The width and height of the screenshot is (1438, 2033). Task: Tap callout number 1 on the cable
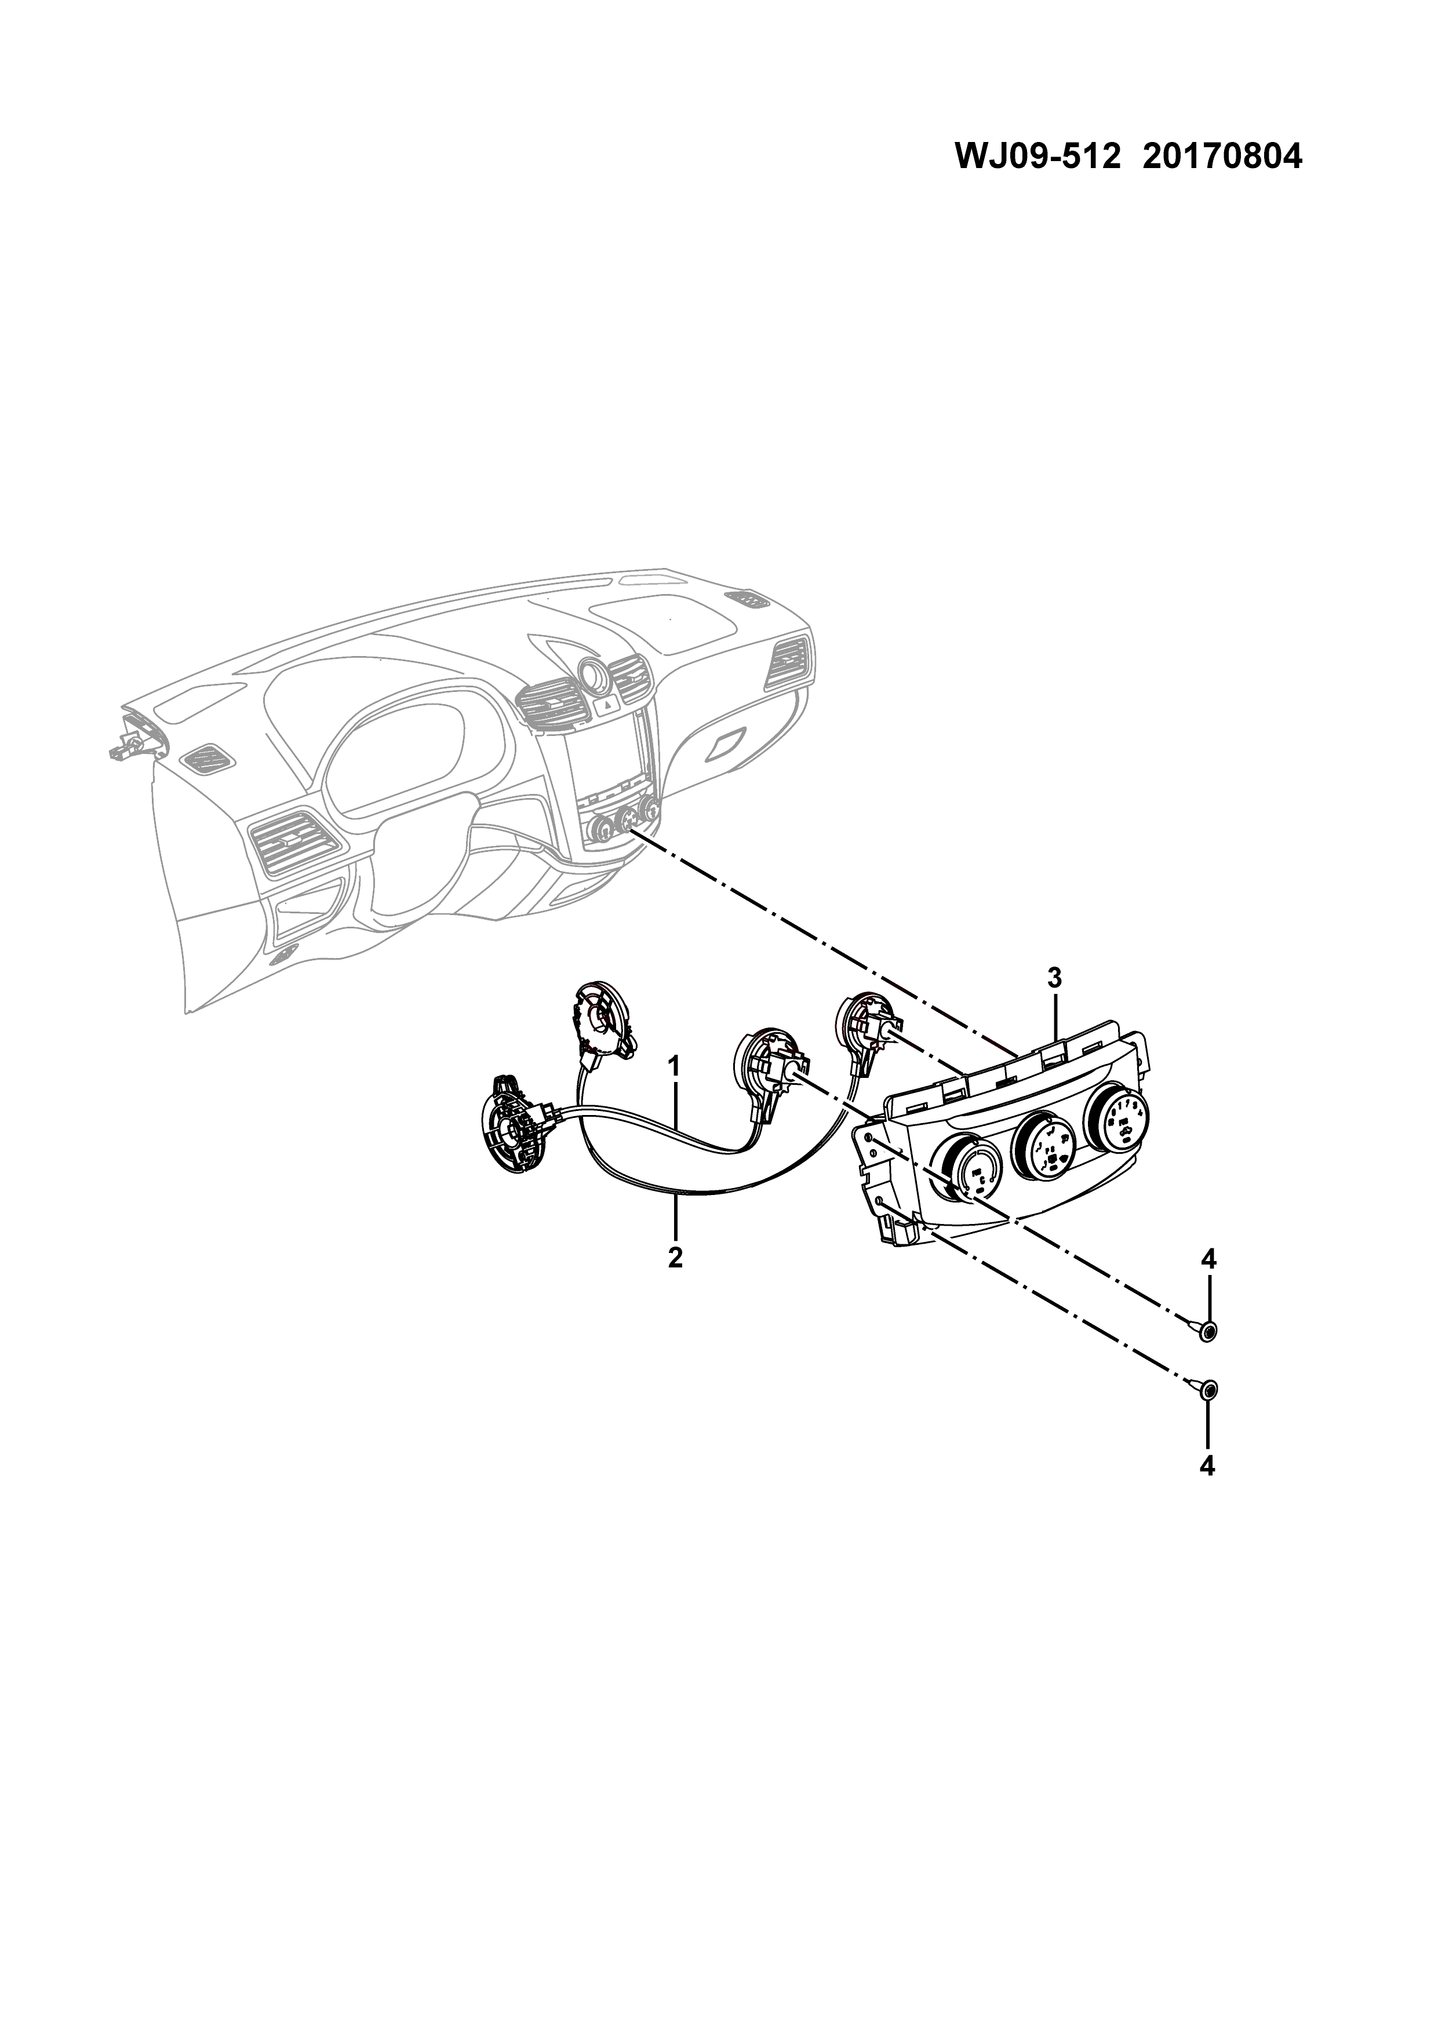pos(674,1066)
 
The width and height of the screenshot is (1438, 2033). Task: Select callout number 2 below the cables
pos(676,1258)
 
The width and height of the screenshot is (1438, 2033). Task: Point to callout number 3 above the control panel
pos(1054,978)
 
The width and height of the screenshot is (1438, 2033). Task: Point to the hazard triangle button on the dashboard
pos(609,706)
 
